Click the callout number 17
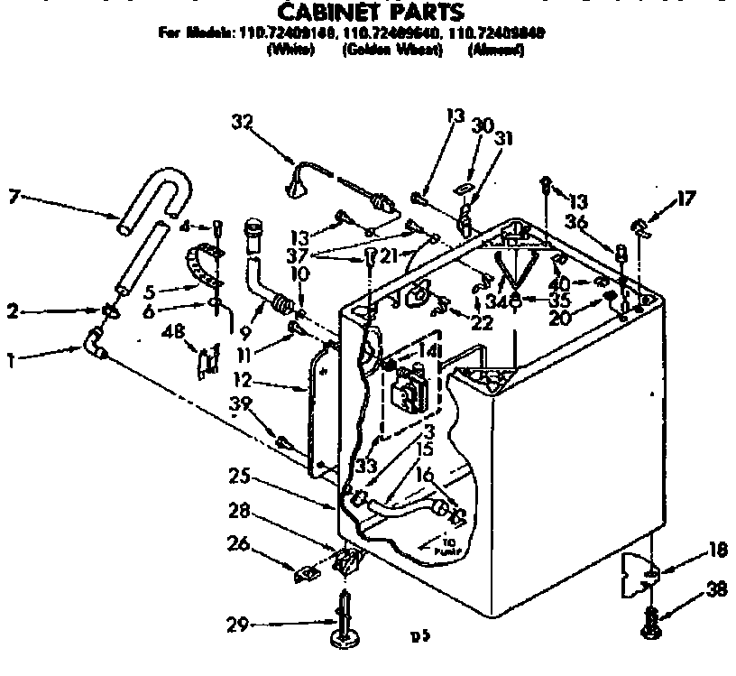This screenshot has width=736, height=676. (687, 198)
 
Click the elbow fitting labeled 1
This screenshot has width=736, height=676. (94, 344)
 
